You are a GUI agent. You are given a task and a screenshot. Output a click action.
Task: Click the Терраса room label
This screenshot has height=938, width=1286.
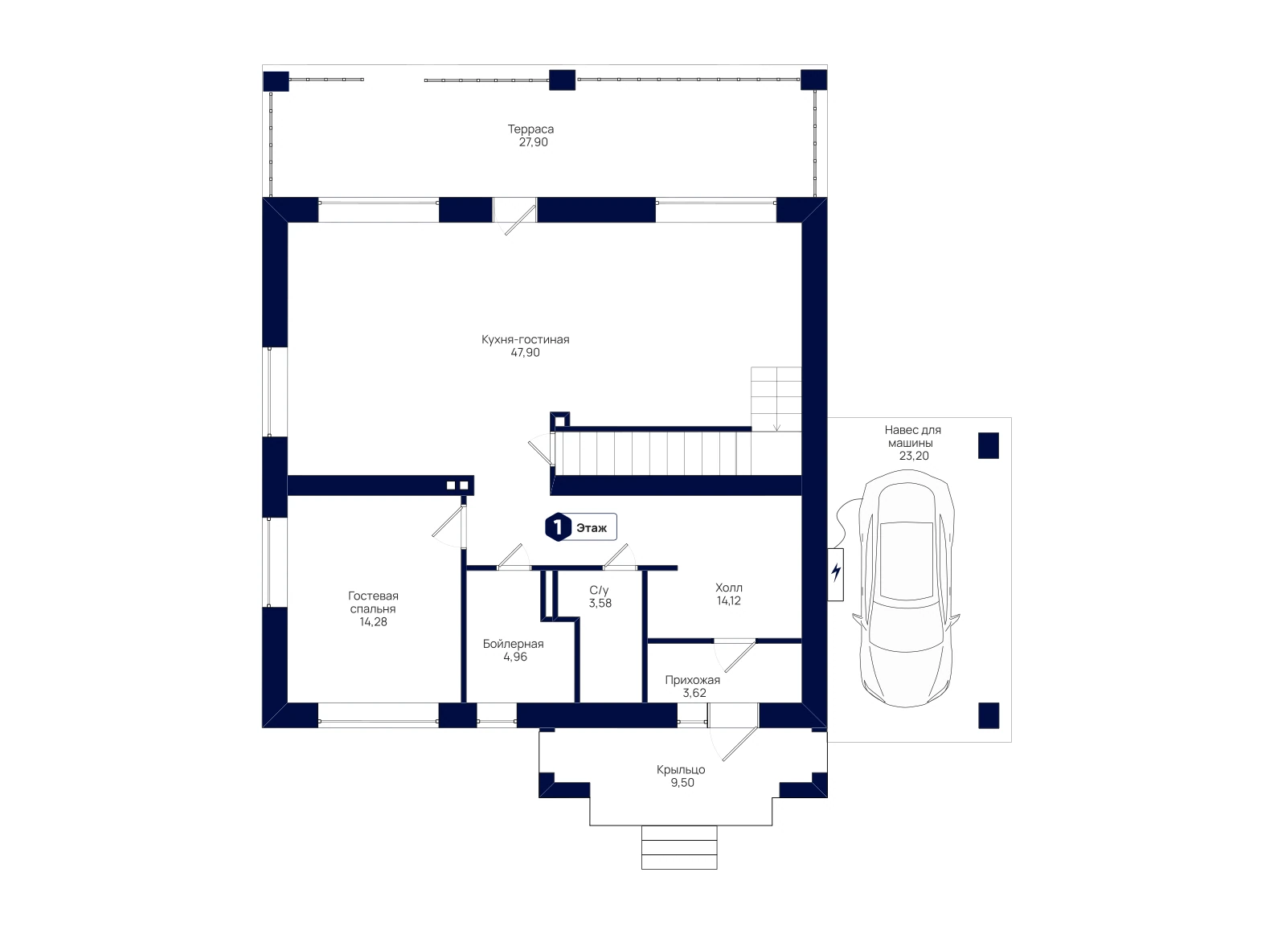530,129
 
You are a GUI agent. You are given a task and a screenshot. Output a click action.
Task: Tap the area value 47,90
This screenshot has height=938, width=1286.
526,353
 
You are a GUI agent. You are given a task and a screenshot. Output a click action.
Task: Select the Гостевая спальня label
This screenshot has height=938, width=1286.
373,602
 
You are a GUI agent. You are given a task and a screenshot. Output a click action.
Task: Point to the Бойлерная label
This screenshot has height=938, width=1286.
514,644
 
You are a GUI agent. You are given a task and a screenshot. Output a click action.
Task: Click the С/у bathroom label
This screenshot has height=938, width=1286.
599,590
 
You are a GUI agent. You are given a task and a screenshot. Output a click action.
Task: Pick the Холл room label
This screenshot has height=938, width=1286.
729,588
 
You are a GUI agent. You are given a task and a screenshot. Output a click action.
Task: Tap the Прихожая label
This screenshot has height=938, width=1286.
692,680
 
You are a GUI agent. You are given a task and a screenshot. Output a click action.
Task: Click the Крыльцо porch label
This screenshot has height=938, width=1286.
681,770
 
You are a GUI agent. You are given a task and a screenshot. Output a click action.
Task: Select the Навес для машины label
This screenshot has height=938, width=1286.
913,436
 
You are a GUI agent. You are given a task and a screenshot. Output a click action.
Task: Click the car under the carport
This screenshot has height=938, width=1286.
906,588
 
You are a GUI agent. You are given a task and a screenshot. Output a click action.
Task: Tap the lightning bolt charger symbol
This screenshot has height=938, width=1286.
836,571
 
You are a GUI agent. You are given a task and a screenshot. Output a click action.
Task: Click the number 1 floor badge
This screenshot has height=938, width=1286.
558,527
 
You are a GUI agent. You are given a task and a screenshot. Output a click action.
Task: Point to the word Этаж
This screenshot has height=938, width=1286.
592,527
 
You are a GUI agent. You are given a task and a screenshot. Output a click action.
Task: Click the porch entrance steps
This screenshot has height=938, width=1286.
679,847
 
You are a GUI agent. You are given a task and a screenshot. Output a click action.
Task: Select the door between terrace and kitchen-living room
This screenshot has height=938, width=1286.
515,216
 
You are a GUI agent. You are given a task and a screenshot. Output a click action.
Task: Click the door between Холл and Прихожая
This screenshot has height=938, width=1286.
735,655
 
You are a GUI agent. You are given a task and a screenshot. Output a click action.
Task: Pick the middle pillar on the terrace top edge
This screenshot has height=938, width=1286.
562,80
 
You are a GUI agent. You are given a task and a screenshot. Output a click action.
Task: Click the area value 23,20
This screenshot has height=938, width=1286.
914,456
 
